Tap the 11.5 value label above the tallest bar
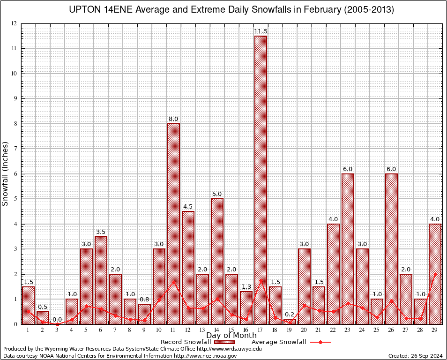(261, 31)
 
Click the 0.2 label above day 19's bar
(290, 315)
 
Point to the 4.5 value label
(188, 207)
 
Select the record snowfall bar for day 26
(391, 248)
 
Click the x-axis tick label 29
(435, 330)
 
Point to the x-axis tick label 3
(57, 330)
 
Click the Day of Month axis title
(231, 335)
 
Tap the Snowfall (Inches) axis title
(5, 173)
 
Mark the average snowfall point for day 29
(435, 274)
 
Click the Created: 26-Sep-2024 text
(415, 356)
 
